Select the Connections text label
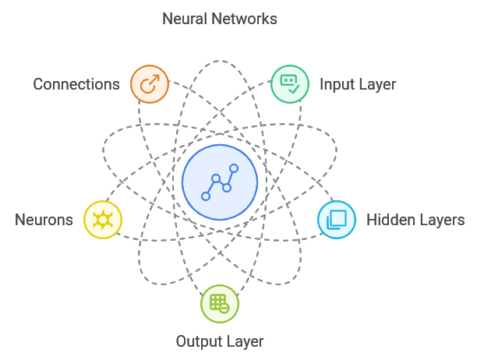click(76, 84)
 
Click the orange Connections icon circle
click(150, 83)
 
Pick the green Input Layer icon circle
click(289, 83)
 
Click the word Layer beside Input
click(377, 84)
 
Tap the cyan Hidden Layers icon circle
click(336, 220)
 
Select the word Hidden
click(390, 220)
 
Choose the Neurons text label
click(44, 220)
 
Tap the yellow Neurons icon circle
click(103, 220)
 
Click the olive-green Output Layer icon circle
click(219, 304)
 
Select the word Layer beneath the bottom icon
click(245, 341)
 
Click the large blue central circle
click(220, 182)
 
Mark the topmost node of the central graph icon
click(233, 168)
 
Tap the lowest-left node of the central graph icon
click(206, 196)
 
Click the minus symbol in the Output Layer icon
click(224, 309)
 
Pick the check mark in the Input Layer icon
click(294, 89)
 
